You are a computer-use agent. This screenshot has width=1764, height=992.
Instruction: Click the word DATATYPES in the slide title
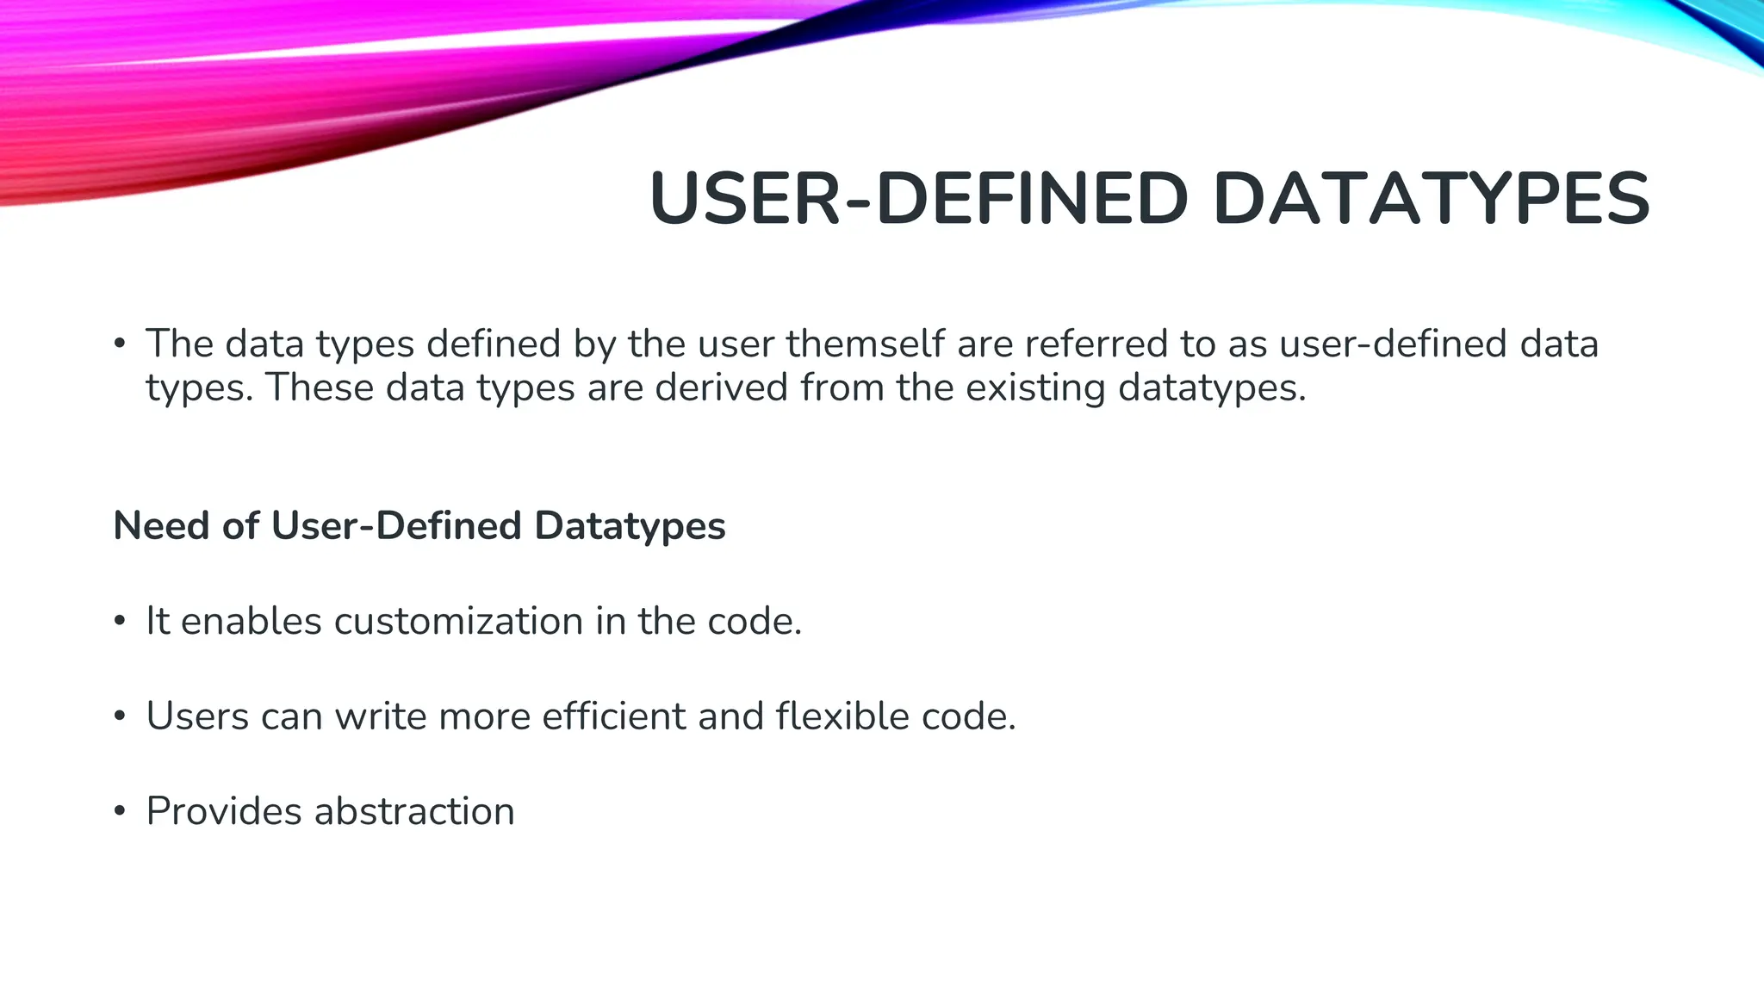click(1431, 199)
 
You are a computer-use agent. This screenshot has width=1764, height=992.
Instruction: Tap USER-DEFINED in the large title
click(918, 199)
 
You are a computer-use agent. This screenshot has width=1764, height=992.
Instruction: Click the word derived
click(721, 387)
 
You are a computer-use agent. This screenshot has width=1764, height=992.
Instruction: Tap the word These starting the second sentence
click(319, 387)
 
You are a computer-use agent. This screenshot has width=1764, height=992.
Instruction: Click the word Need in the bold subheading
click(162, 525)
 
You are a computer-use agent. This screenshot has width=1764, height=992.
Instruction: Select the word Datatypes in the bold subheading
click(630, 525)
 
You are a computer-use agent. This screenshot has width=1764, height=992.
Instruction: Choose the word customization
click(458, 621)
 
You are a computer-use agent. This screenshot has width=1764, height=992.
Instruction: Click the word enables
click(252, 621)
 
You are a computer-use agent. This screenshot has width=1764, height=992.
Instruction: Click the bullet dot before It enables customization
click(120, 622)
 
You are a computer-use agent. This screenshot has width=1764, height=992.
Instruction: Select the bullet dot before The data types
click(120, 344)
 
